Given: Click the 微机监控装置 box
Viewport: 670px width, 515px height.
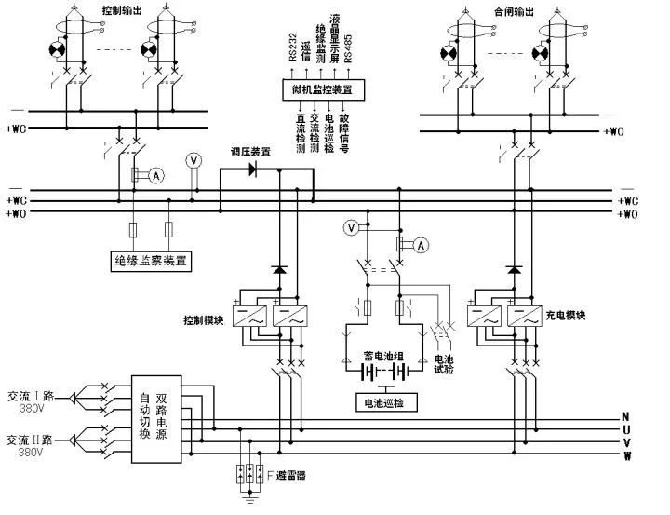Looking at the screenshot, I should pyautogui.click(x=322, y=89).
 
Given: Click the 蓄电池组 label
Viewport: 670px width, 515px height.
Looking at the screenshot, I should pyautogui.click(x=381, y=356).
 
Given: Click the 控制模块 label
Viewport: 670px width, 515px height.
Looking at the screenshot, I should pyautogui.click(x=204, y=320).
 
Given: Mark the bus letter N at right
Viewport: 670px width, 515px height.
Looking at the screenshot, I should pyautogui.click(x=626, y=415).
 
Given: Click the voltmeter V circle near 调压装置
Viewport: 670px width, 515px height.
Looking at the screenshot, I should pyautogui.click(x=194, y=159).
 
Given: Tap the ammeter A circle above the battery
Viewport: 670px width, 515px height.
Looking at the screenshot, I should pyautogui.click(x=421, y=246).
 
